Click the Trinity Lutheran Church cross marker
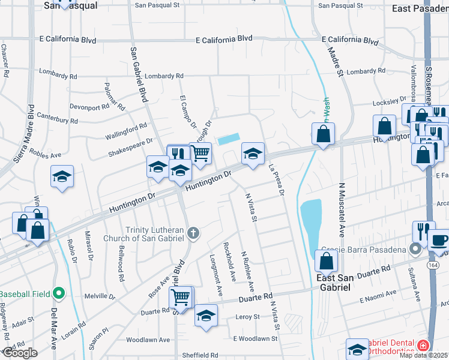click(x=193, y=233)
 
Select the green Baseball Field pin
click(x=58, y=294)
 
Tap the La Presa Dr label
click(x=277, y=181)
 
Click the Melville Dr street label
click(x=100, y=296)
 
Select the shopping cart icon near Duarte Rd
click(x=181, y=296)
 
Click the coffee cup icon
click(x=438, y=239)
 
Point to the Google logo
click(x=19, y=353)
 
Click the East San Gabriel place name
click(x=334, y=282)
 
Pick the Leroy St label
click(x=247, y=316)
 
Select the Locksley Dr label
click(x=382, y=102)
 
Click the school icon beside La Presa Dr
click(x=253, y=154)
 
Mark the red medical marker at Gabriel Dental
click(x=423, y=346)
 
